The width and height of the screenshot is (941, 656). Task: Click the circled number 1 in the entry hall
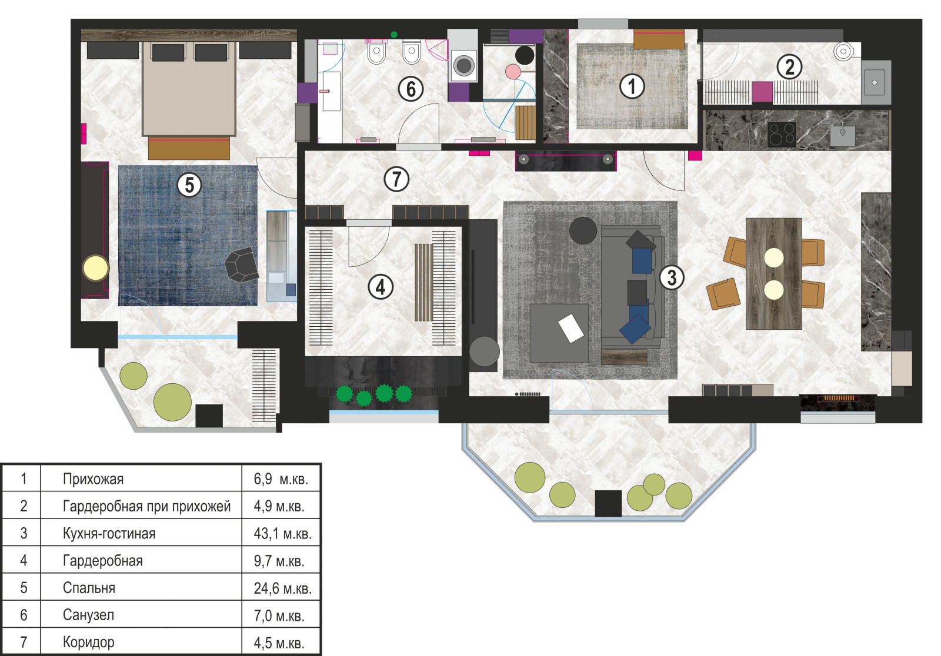click(631, 86)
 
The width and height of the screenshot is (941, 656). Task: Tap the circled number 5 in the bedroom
click(189, 185)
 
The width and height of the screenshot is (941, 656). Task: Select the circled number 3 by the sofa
click(671, 277)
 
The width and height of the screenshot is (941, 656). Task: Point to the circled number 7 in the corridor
click(396, 179)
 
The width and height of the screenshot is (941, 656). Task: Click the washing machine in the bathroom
click(463, 65)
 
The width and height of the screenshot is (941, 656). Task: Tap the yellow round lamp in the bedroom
click(96, 269)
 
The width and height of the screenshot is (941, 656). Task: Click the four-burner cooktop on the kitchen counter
click(782, 135)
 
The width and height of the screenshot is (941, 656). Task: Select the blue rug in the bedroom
click(188, 236)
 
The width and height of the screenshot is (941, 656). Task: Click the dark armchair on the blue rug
click(242, 265)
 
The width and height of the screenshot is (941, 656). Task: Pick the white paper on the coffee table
click(570, 328)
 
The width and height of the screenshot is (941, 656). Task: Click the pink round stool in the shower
click(513, 72)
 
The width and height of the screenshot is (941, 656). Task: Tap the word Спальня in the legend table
click(89, 588)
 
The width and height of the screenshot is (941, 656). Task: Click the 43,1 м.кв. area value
click(283, 534)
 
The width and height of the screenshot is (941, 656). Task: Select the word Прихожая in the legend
click(94, 479)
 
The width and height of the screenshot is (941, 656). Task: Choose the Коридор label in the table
click(89, 642)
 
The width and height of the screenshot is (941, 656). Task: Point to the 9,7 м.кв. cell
click(279, 561)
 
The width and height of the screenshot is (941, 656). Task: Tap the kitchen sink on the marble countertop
click(842, 135)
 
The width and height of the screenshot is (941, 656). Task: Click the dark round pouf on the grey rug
click(583, 230)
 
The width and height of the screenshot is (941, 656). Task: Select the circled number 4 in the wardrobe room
click(380, 287)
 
